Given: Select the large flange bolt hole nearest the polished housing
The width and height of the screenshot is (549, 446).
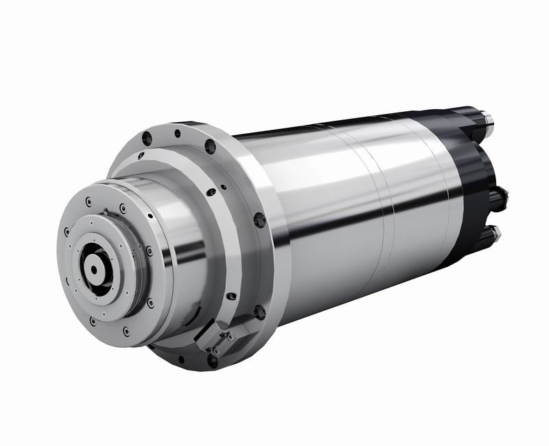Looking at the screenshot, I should click(x=259, y=220).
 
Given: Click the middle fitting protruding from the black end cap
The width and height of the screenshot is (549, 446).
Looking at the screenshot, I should click(x=499, y=198).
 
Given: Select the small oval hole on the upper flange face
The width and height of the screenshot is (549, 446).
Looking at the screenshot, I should click(x=211, y=191).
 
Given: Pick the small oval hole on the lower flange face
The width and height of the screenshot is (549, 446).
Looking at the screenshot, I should click(x=231, y=296).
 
